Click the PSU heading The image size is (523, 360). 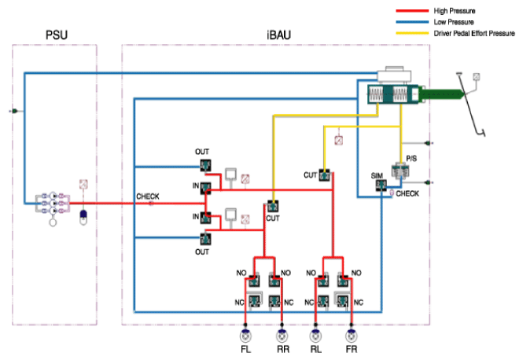coord(57,35)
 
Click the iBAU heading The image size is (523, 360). coord(279,35)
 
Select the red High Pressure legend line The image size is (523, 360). coord(412,11)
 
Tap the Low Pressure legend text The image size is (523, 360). coord(454,22)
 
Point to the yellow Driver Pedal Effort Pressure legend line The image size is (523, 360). coord(412,33)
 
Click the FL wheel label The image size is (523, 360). coord(245,349)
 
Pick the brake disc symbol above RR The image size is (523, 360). coord(282,336)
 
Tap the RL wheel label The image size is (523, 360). coord(315,349)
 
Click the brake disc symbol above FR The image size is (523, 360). coord(351,336)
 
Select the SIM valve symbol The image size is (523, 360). coord(381,186)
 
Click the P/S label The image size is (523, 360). coord(411,158)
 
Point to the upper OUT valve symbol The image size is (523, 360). coord(205,165)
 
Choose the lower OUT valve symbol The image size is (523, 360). coord(205,239)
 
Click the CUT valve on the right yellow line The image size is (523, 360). coord(324,175)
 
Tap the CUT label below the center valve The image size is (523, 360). coord(272,219)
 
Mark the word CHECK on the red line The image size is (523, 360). coord(148,197)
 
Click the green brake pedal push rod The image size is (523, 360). coord(441,94)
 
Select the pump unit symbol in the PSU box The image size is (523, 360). coord(53,204)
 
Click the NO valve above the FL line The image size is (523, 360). coord(254,281)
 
